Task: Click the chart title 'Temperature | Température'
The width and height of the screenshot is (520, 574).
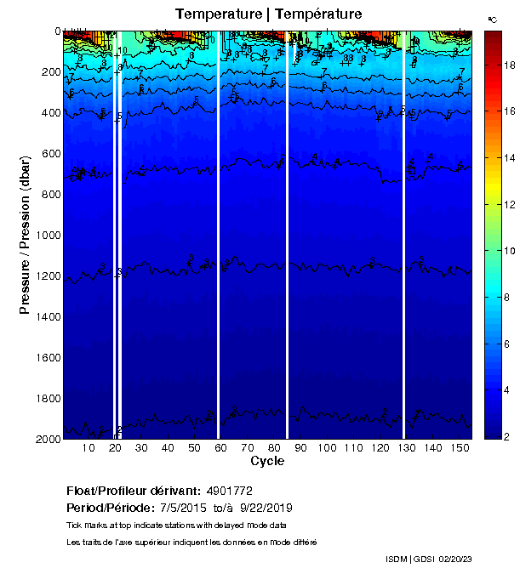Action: [268, 14]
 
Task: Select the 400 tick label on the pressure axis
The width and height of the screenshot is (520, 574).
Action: [49, 112]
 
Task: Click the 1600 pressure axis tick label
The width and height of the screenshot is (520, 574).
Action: [46, 357]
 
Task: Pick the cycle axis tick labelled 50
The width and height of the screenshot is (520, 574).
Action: [194, 448]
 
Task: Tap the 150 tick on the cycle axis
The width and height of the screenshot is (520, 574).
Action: [460, 448]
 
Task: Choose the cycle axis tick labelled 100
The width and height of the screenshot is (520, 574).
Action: [328, 448]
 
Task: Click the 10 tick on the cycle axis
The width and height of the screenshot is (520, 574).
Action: [88, 448]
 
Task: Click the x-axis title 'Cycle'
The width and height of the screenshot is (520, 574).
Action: [267, 461]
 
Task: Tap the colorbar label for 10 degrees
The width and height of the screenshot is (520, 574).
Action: [503, 251]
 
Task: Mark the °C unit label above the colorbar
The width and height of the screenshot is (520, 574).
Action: [492, 19]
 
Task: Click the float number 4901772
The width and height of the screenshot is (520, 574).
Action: [228, 491]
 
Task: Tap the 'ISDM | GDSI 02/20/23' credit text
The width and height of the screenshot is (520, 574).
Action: [427, 559]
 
